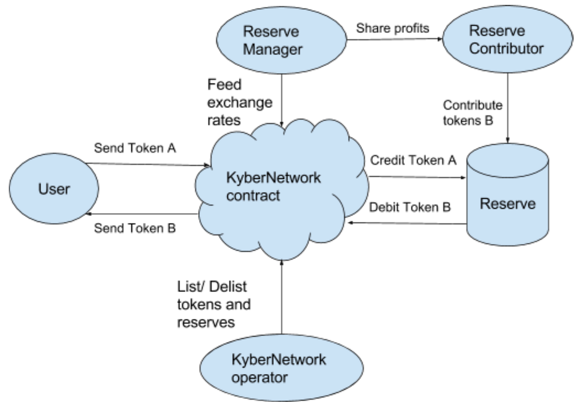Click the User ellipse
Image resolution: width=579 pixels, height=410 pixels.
point(54,190)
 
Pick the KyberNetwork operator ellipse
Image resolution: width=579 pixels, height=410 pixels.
point(279,368)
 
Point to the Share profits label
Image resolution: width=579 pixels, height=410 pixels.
point(392,28)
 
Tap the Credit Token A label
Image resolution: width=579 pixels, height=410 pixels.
point(413,161)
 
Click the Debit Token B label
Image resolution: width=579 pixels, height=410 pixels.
point(410,207)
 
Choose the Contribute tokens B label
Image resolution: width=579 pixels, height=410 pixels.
point(472,113)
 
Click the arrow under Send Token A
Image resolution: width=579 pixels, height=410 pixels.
point(147,164)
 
